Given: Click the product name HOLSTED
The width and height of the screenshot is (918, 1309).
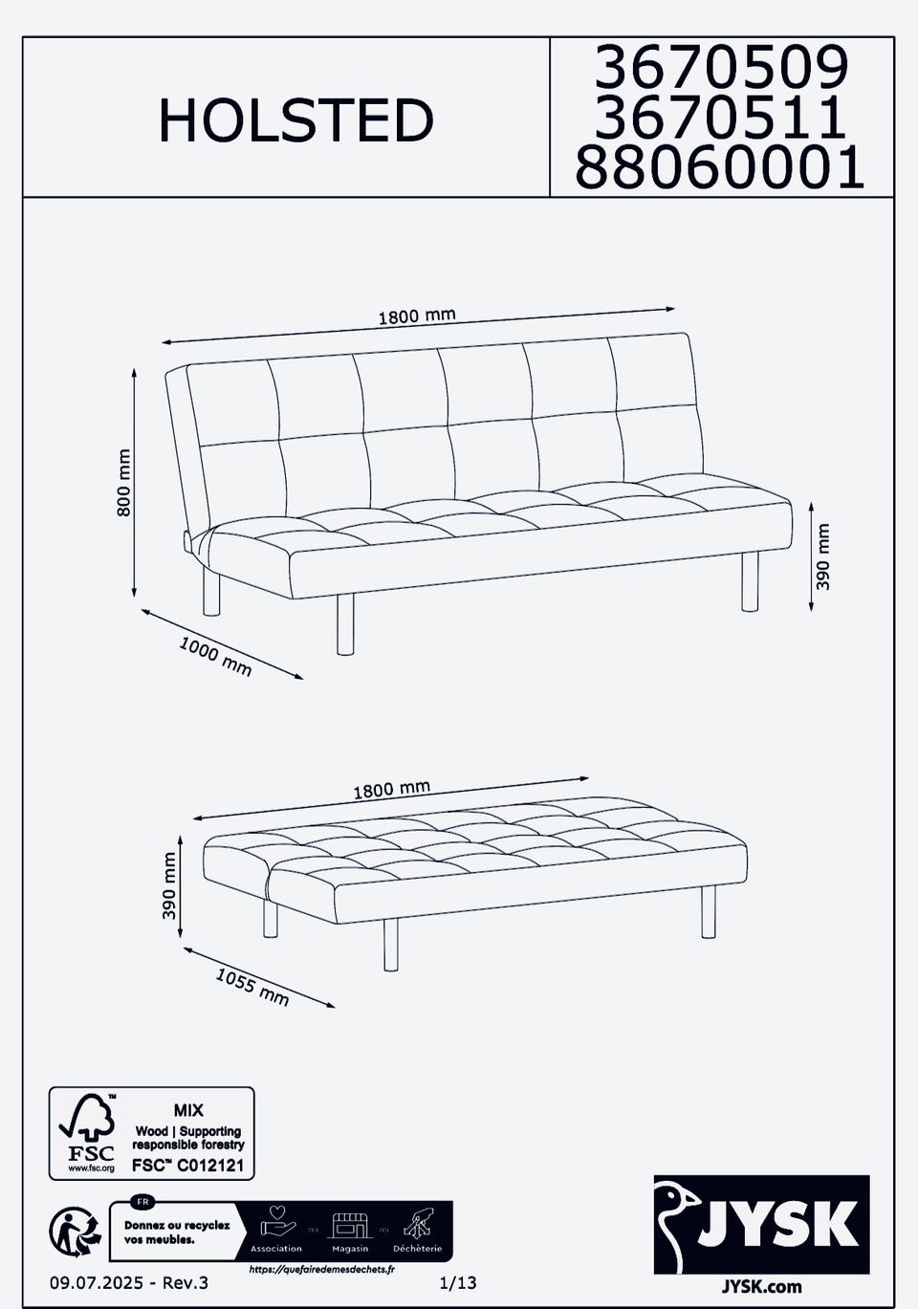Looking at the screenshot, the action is click(x=296, y=120).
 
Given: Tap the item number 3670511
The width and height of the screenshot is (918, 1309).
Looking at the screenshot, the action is click(x=721, y=117).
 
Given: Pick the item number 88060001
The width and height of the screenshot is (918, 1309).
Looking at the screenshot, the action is click(x=720, y=166).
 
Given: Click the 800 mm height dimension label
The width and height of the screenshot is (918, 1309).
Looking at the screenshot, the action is click(x=124, y=483).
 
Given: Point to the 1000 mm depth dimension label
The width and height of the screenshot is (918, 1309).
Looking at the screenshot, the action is click(x=215, y=657).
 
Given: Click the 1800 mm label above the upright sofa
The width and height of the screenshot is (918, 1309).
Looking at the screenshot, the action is click(x=417, y=316).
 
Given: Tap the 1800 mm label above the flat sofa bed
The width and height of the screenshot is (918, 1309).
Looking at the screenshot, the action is click(x=391, y=790).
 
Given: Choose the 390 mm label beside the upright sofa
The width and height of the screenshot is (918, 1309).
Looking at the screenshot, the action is click(x=822, y=556).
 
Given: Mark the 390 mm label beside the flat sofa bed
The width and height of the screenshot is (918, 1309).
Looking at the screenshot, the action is click(x=169, y=885).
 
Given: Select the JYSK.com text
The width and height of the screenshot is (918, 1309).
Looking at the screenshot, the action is click(x=762, y=1286).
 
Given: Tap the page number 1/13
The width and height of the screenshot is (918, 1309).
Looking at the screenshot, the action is click(x=458, y=1282).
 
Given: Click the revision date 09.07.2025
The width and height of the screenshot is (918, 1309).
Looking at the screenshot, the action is click(x=97, y=1282).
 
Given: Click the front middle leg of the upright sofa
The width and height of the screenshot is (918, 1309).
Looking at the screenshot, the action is click(x=345, y=623).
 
